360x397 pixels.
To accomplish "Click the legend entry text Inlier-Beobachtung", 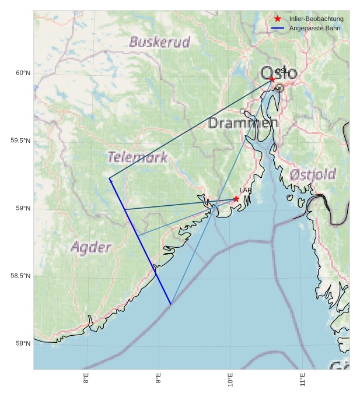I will click(x=316, y=19).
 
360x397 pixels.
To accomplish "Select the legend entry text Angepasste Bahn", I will click(x=314, y=28).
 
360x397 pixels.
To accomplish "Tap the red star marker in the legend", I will click(x=278, y=19).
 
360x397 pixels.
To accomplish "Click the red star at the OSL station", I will click(x=272, y=79).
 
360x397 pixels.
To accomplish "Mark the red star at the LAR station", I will click(x=236, y=199).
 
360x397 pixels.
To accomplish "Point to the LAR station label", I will click(x=245, y=191).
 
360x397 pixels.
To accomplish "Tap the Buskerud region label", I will click(x=159, y=42).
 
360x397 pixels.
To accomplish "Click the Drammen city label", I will click(x=243, y=123).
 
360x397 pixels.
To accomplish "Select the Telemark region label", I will click(x=137, y=157).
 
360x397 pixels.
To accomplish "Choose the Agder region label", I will click(x=91, y=247).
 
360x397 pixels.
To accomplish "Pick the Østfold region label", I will click(x=312, y=174).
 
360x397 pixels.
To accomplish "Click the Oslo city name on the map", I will click(x=279, y=74).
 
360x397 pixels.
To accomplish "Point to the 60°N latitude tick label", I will click(x=23, y=73).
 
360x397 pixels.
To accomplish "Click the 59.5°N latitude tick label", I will click(x=20, y=140).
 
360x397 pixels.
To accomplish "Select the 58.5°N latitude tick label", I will click(x=20, y=276).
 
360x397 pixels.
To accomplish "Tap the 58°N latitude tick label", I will click(x=23, y=343).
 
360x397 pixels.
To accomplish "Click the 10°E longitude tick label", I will click(x=230, y=381).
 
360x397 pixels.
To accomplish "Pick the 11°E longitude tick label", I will click(x=303, y=381).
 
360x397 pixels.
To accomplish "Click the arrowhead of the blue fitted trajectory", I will click(x=110, y=180).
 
